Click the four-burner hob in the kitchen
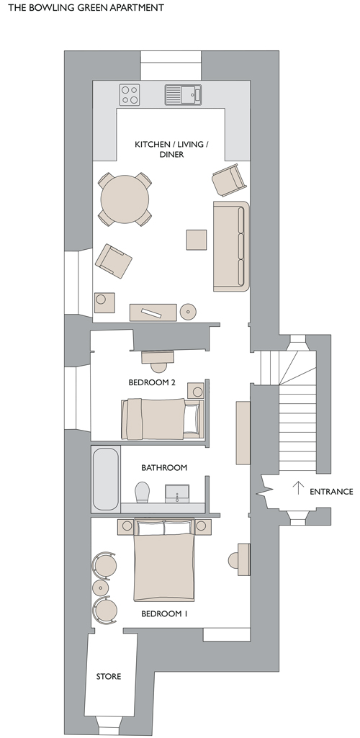pos(130,94)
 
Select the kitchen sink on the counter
pos(183,94)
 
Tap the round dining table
pos(125,199)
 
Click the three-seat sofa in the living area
pos(231,246)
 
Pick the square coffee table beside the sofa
pos(197,240)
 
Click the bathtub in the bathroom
pos(106,479)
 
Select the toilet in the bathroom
pos(142,492)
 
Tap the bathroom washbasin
pos(177,493)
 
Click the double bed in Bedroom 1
pos(163,559)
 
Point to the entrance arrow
pos(298,487)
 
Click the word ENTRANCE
pos(331,491)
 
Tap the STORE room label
pos(109,676)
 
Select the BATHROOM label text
pos(164,467)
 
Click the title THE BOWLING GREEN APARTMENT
pos(86,7)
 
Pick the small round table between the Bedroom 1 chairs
pos(101,588)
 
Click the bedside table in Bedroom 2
pos(196,391)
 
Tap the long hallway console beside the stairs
pos(243,433)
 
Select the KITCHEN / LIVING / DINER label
pos(171,149)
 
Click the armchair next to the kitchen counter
pos(229,179)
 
